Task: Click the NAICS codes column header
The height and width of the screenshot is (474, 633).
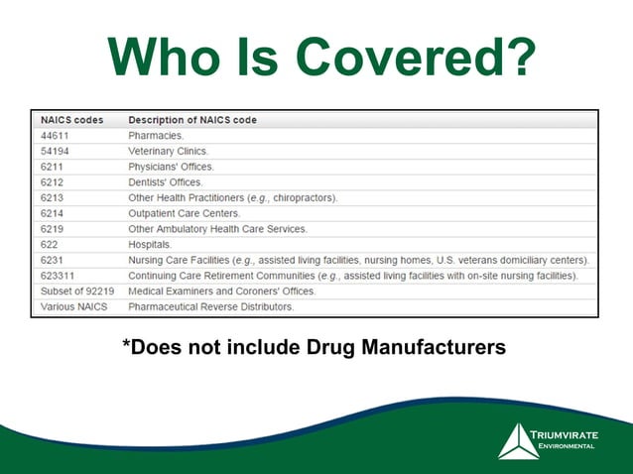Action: click(71, 120)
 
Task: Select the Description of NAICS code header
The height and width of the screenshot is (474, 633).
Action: click(191, 120)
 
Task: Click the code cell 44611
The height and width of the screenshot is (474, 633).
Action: click(56, 135)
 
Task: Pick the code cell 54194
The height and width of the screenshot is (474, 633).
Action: click(56, 151)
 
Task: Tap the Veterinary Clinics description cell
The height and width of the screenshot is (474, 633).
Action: click(170, 151)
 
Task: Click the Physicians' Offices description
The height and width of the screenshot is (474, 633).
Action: click(171, 167)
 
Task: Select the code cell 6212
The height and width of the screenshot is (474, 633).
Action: click(52, 182)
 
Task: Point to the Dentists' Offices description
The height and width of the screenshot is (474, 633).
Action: click(165, 182)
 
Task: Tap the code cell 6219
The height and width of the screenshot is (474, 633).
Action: click(52, 229)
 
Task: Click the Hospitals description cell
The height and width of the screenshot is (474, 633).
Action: click(150, 244)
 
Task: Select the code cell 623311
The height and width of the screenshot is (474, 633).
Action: click(59, 276)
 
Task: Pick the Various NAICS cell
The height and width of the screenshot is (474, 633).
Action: click(73, 307)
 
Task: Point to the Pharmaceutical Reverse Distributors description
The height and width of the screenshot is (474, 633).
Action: click(210, 307)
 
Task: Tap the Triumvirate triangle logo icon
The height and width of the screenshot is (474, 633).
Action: click(518, 441)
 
